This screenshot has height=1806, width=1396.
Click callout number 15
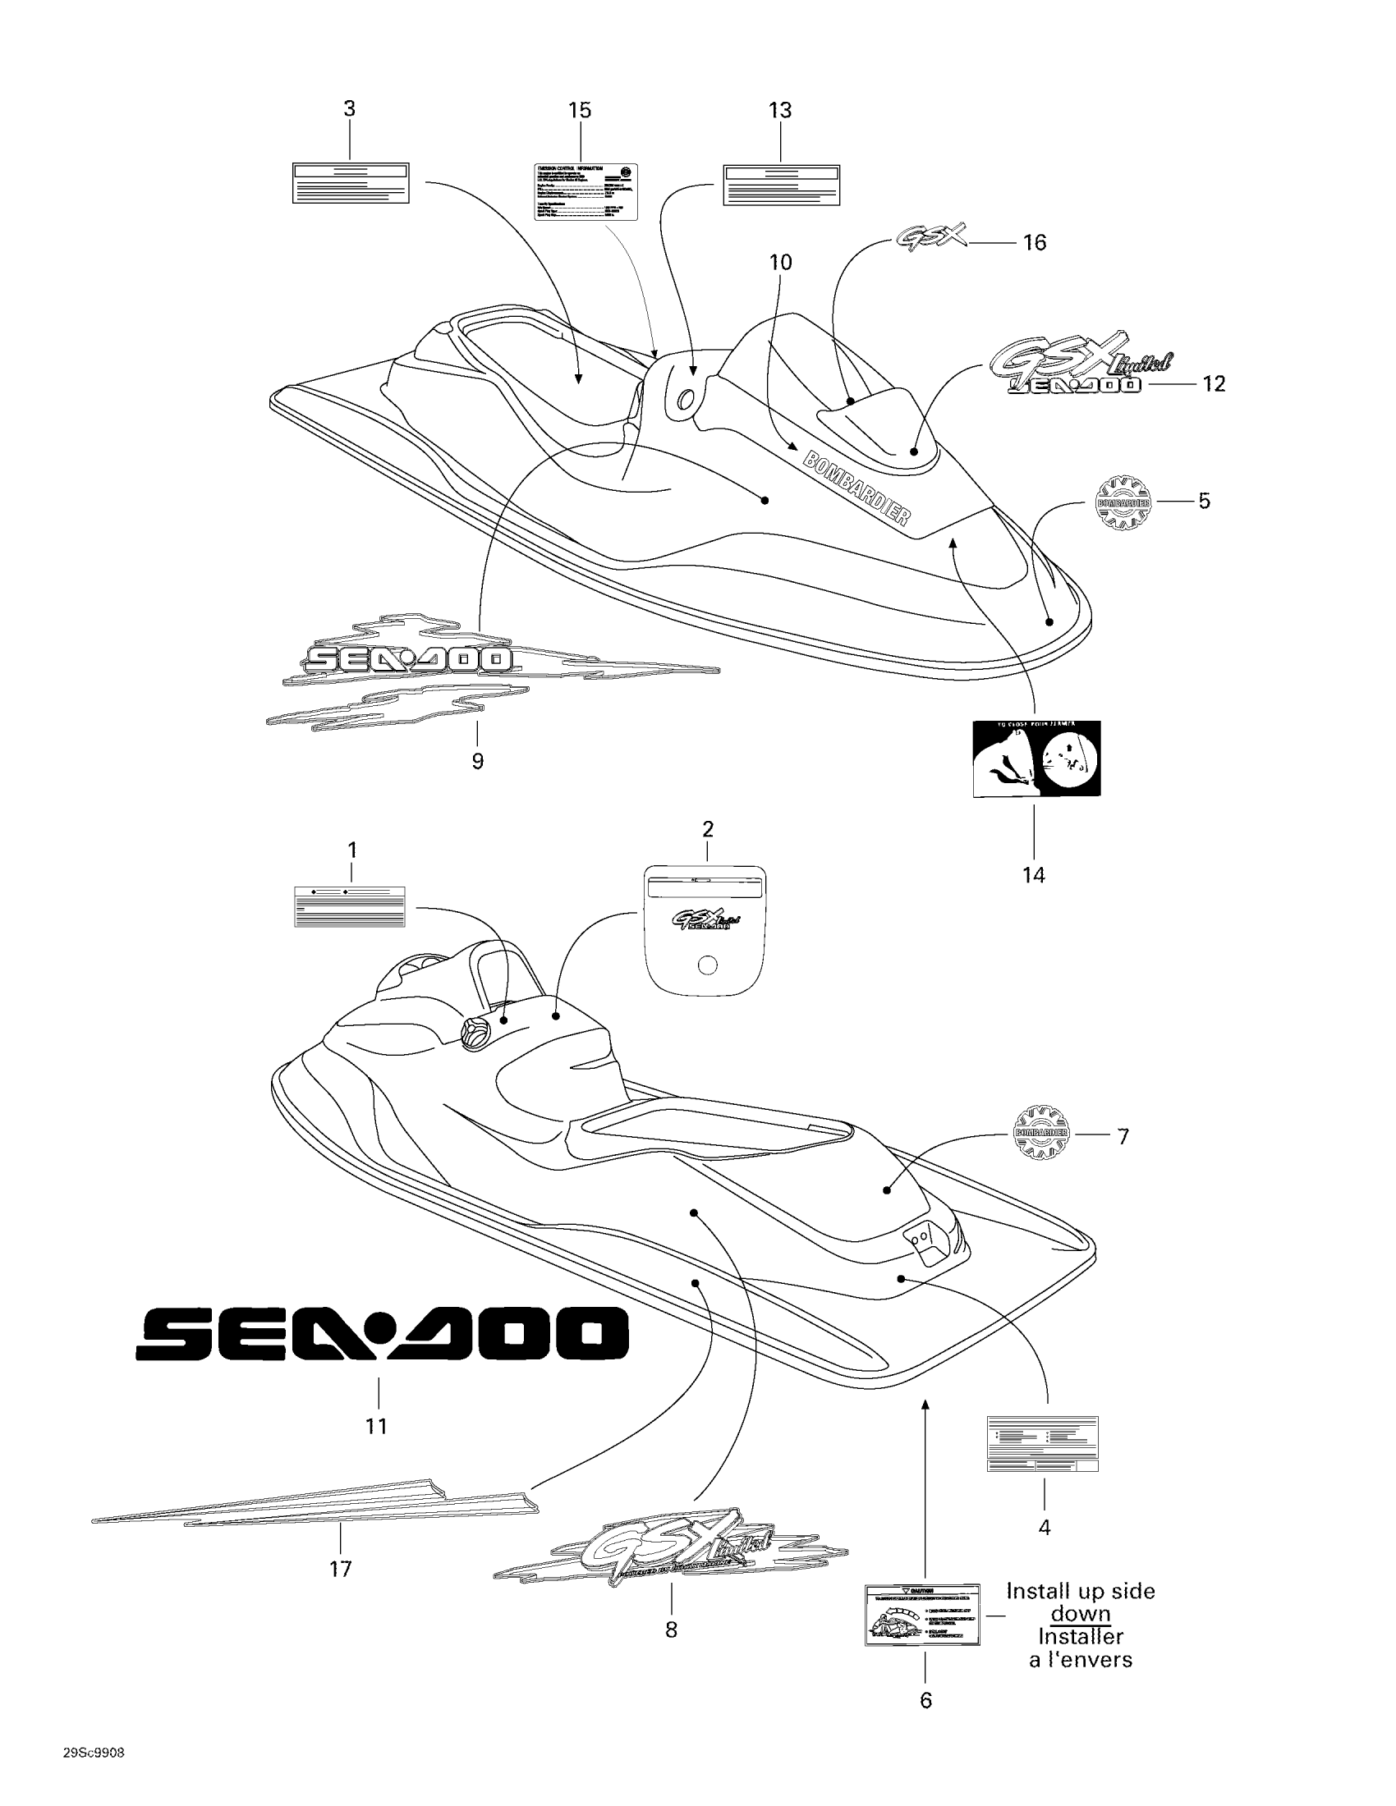pos(580,110)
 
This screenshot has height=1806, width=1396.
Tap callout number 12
pos(1213,383)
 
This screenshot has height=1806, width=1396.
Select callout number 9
pos(477,761)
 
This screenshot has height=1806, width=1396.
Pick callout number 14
pos(1034,875)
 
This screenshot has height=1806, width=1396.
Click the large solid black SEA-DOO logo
pos(382,1333)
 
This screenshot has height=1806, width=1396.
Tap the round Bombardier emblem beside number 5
pos(1123,502)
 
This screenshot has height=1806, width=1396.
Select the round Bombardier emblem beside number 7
pos(1041,1132)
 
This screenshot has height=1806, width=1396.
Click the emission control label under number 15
pos(585,191)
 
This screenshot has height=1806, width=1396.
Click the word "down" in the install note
pos(1080,1613)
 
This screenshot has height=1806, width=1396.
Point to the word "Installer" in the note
pos(1080,1636)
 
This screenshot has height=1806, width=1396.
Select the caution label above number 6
pos(922,1615)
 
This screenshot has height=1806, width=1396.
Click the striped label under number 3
pos(351,183)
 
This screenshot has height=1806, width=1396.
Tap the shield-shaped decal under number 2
pos(705,929)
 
